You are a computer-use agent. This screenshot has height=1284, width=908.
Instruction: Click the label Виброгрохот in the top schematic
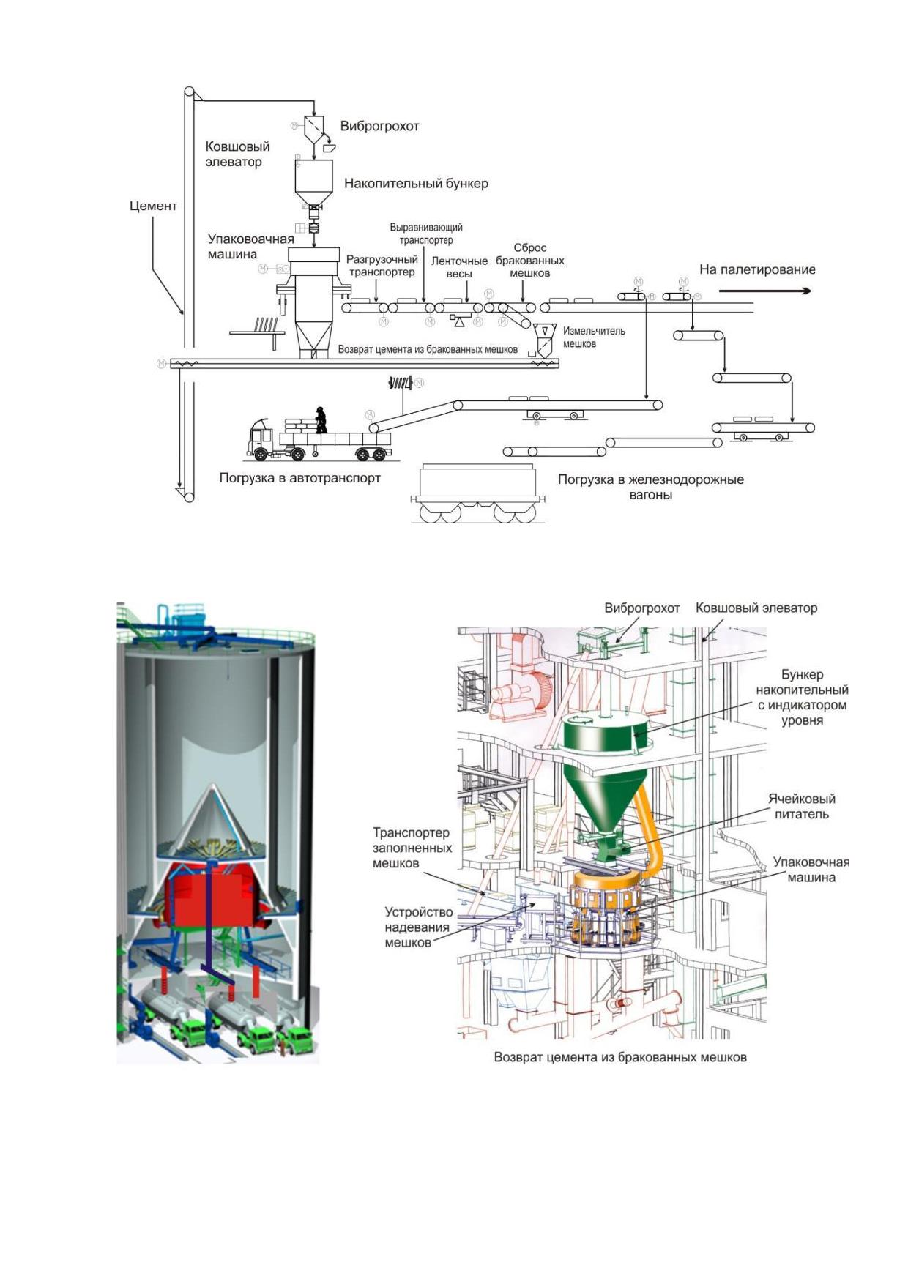coord(379,126)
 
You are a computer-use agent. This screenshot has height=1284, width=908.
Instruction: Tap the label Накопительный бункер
coord(416,183)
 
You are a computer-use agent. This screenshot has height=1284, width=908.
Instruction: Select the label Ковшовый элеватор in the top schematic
coord(237,154)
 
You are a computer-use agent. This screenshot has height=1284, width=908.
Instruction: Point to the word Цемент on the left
coord(154,206)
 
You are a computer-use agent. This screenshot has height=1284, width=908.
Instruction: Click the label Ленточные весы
coord(459,267)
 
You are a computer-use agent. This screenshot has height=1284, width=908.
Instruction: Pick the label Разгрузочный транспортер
coord(382,266)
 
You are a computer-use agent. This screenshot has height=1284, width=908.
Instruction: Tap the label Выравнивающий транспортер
coord(426,234)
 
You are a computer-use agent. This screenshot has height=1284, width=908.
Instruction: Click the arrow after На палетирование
coord(765,291)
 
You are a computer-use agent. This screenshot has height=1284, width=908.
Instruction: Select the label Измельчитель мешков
coord(594,337)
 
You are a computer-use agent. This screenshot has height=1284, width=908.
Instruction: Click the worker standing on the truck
coord(320,419)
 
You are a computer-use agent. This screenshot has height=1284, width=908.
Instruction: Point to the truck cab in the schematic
coord(261,438)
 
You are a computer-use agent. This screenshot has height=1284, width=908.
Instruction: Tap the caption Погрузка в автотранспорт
coord(300,478)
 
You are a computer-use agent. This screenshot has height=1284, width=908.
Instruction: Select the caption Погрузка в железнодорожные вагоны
coord(651,487)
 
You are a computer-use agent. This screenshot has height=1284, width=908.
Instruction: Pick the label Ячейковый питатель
coord(802,806)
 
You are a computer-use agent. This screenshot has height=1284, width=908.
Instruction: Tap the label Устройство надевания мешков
coord(419,927)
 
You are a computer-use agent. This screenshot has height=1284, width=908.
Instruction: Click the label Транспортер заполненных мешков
coord(412,848)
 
